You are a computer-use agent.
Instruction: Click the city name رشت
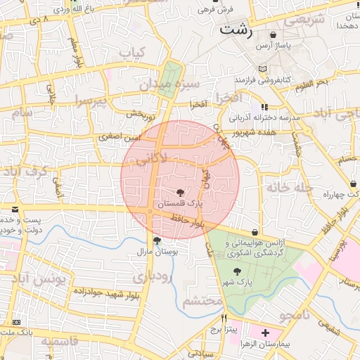pyautogui.click(x=235, y=30)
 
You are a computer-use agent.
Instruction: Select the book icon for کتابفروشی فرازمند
pyautogui.click(x=263, y=69)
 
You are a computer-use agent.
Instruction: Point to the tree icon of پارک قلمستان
pyautogui.click(x=180, y=192)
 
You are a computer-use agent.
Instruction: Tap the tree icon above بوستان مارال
pyautogui.click(x=156, y=240)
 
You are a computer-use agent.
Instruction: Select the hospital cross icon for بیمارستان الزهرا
pyautogui.click(x=264, y=332)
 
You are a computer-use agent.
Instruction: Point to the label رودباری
pyautogui.click(x=155, y=276)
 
